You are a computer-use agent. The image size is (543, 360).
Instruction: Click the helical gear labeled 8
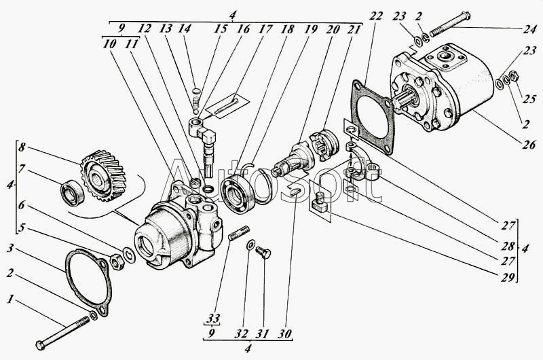(103, 175)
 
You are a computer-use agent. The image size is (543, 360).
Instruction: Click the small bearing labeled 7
(73, 193)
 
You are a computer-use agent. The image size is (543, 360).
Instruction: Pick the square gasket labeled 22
(373, 117)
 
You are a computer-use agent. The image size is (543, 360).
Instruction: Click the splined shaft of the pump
(405, 100)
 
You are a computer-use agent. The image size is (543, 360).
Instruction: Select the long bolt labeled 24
(449, 24)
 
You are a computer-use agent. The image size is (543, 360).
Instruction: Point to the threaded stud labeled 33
(239, 233)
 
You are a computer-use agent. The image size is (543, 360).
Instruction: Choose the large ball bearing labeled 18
(238, 192)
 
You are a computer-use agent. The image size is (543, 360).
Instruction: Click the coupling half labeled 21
(325, 145)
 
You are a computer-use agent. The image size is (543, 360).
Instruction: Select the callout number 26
(529, 144)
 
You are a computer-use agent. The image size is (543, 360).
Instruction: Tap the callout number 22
(376, 16)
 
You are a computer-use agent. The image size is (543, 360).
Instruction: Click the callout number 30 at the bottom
(284, 334)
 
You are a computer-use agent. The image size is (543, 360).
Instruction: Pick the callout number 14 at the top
(184, 28)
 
